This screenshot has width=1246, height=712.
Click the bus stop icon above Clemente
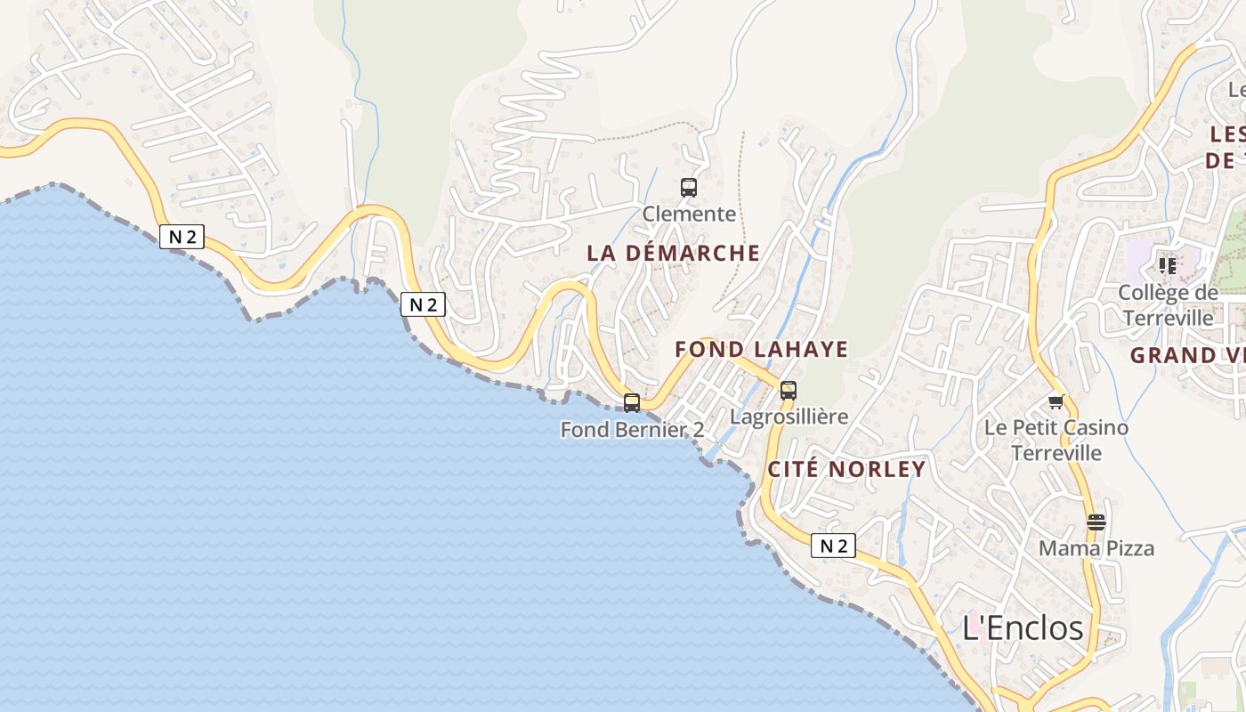pos(689,187)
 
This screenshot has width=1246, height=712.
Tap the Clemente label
pos(689,214)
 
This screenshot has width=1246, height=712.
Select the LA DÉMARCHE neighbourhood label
pos(673,254)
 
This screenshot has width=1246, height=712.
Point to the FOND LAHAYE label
pos(761,349)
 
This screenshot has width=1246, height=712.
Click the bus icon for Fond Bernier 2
pos(632,403)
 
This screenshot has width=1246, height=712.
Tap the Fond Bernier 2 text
pos(632,430)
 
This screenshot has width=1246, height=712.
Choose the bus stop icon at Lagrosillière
pos(788,390)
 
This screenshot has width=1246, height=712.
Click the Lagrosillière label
pos(789,417)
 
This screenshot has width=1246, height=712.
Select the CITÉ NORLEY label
pos(846,470)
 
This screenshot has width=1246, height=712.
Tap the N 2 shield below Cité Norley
pos(833,546)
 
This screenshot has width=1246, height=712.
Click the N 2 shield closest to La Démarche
pos(423,304)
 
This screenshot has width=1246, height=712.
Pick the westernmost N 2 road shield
pos(182,237)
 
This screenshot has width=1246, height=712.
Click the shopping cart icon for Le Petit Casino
pos(1056,401)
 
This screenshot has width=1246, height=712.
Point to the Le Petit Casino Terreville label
pos(1056,441)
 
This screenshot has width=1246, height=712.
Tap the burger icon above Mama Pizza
pos(1096,522)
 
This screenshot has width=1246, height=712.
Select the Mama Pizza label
pos(1096,548)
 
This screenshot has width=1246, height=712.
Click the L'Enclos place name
pos(1023,628)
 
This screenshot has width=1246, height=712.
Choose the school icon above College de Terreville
pos(1167,265)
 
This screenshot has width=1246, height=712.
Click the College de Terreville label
pos(1168,305)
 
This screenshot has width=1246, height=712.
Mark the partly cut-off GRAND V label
pos(1187,356)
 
